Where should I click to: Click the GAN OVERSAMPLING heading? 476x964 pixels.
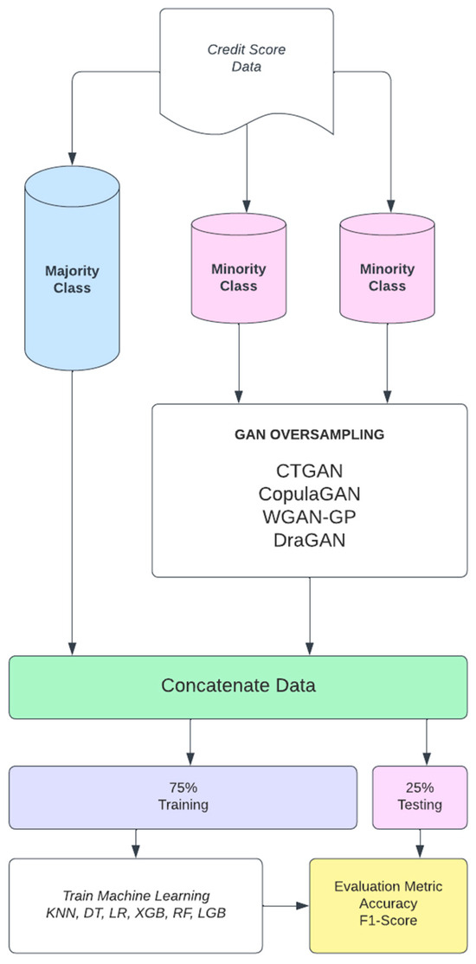pos(310,435)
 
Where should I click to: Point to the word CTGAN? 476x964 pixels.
pos(310,474)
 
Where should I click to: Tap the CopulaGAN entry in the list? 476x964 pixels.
pos(310,497)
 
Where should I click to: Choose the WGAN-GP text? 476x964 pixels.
pos(310,519)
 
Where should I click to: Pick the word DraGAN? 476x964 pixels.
pos(310,542)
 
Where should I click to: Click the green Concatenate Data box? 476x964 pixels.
pos(238,687)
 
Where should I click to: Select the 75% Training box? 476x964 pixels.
pos(183,797)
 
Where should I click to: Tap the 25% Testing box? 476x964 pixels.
pos(423,797)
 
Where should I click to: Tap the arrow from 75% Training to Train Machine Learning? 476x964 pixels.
pos(135,843)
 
